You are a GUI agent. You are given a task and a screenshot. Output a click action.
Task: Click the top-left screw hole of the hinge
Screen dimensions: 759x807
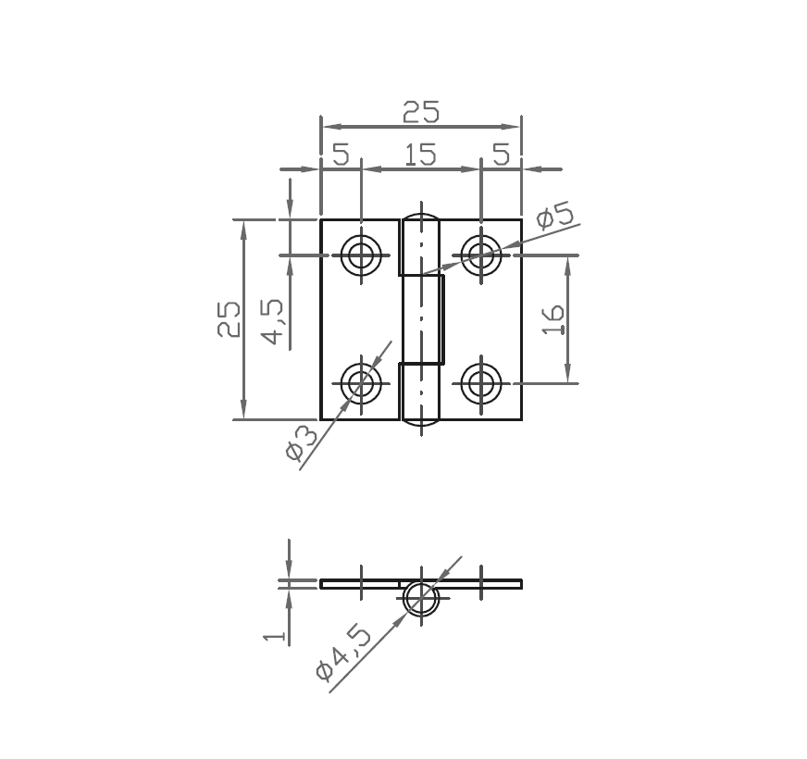(361, 255)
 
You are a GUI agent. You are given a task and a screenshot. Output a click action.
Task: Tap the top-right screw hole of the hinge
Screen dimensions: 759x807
(480, 254)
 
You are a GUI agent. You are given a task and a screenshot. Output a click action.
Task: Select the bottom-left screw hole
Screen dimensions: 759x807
(361, 382)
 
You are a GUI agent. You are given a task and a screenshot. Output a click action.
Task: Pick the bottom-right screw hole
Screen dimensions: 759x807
(480, 382)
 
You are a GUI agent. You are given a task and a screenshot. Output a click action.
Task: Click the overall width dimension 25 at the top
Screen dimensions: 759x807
(420, 112)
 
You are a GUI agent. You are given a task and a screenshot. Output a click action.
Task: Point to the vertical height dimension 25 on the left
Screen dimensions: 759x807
(229, 319)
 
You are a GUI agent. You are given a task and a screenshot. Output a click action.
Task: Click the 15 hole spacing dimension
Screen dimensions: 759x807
(420, 155)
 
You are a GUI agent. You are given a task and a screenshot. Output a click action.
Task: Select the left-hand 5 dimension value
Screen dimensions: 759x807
(341, 155)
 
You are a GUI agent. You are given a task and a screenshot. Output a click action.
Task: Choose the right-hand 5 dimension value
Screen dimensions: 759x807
(501, 155)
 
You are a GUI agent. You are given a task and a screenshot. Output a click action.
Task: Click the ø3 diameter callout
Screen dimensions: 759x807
(303, 442)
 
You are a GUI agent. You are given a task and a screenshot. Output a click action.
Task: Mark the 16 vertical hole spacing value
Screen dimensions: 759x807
(553, 319)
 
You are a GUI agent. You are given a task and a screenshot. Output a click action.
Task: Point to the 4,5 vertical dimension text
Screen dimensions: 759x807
(275, 319)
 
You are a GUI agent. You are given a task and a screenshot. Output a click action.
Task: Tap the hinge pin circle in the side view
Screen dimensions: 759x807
(421, 598)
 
